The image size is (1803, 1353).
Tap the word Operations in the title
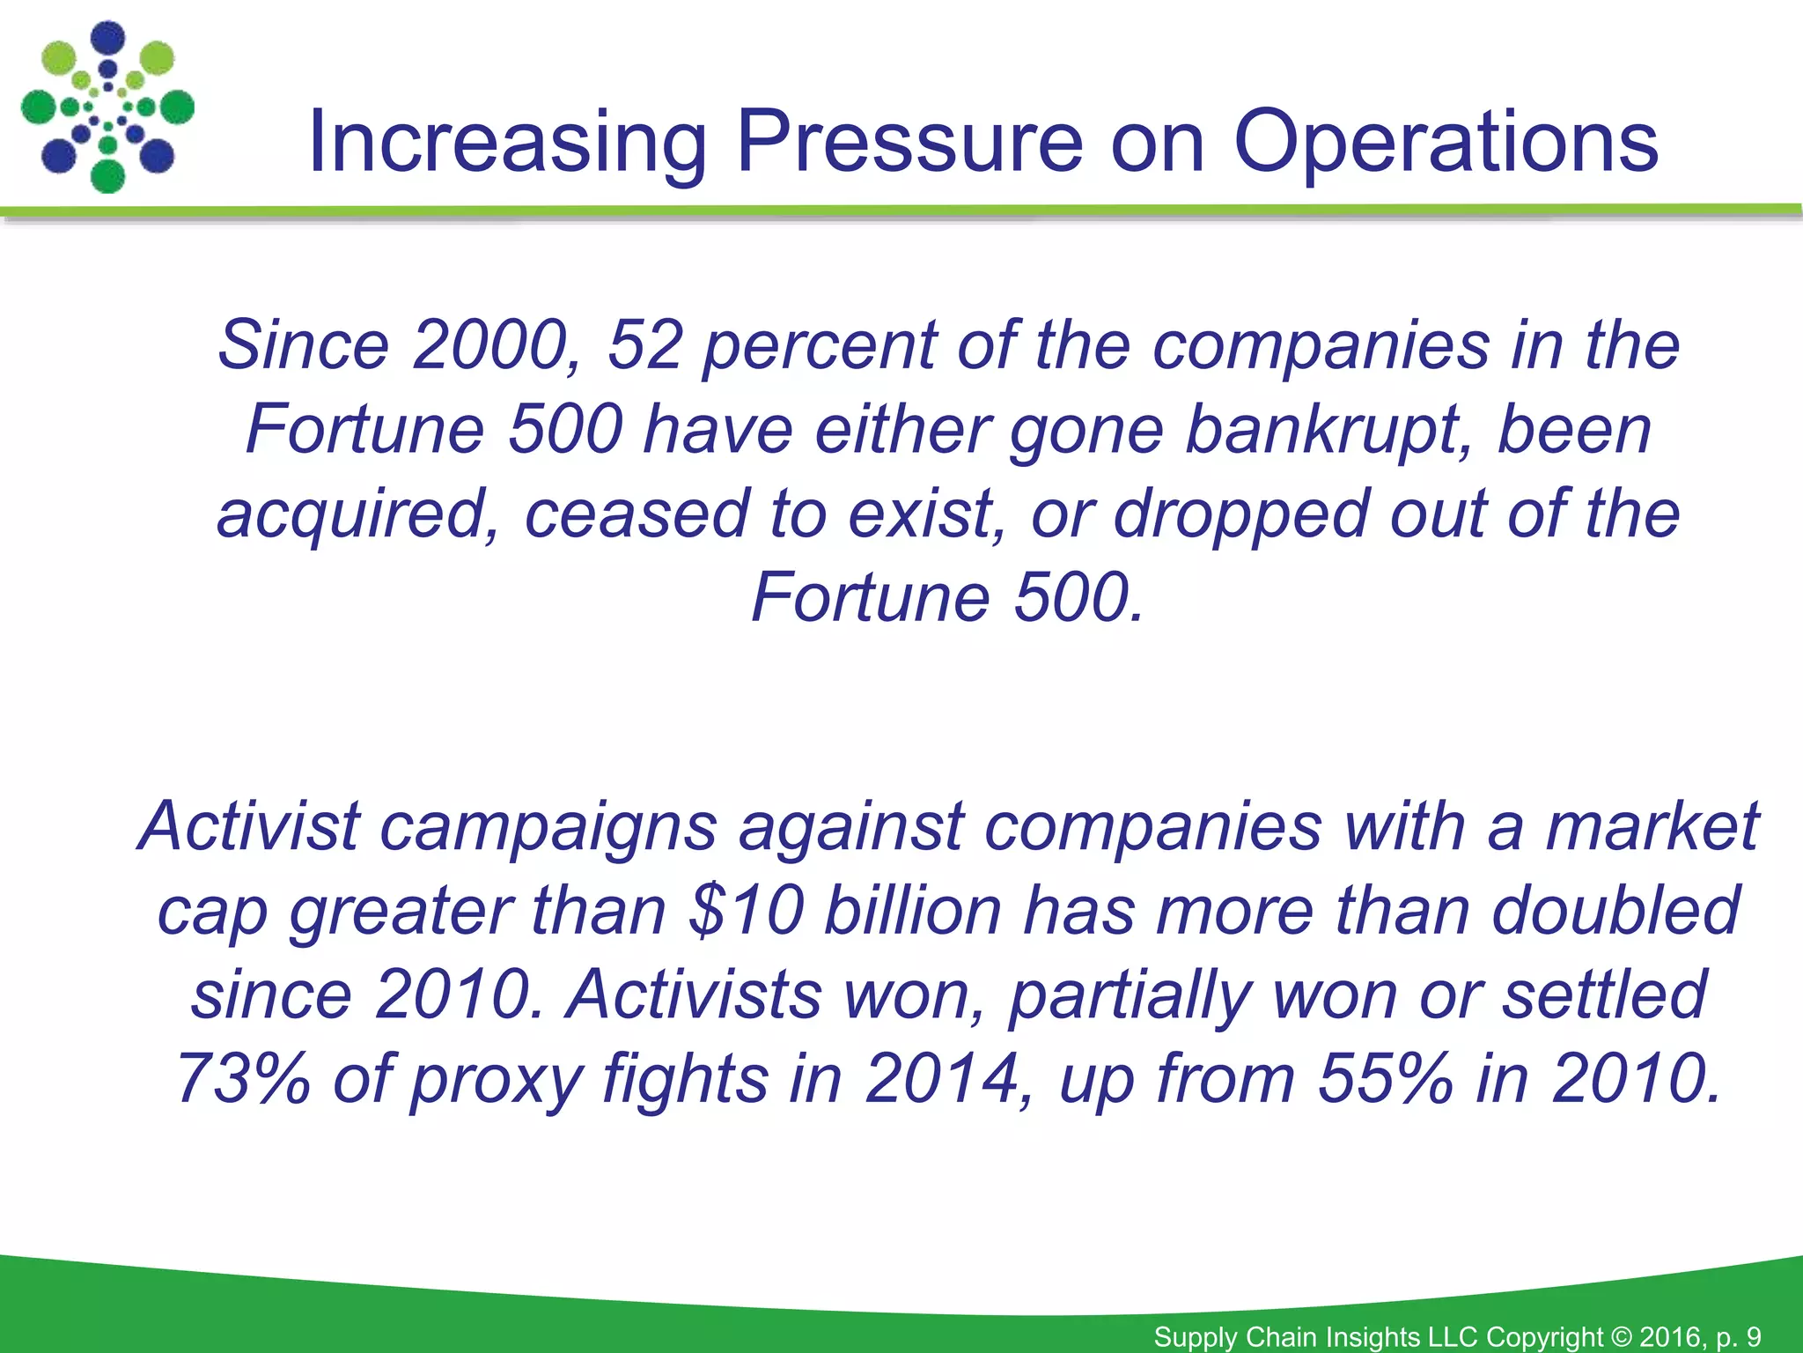(1445, 141)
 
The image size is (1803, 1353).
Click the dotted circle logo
(107, 107)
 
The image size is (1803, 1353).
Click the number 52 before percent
(645, 344)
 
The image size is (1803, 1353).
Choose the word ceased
(636, 514)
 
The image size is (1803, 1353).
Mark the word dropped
(1240, 514)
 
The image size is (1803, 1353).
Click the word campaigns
(548, 826)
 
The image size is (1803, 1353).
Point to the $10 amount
(747, 910)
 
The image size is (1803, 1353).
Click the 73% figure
(244, 1078)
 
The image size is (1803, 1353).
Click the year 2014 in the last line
(942, 1078)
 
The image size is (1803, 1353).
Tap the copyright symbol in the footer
(1621, 1336)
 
